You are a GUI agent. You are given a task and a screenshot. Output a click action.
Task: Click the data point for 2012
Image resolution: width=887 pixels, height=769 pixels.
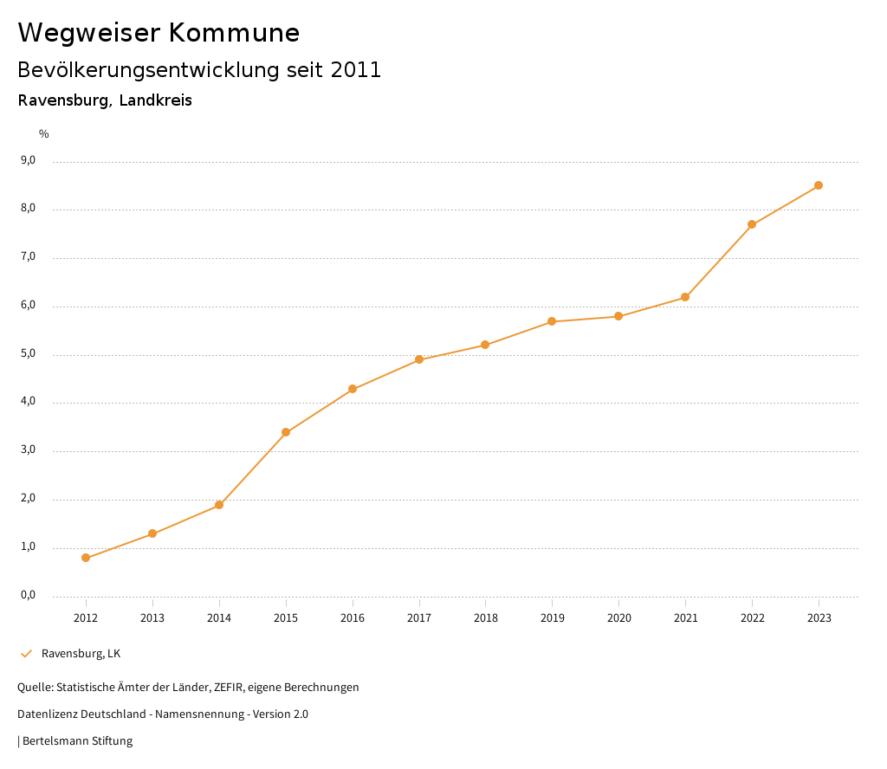(86, 558)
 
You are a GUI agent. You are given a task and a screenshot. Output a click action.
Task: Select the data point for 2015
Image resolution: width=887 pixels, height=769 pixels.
(286, 432)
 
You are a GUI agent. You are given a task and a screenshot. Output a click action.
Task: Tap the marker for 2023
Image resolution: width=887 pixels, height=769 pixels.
(819, 185)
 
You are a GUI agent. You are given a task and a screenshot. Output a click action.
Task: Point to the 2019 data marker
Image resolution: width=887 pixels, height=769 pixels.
(552, 321)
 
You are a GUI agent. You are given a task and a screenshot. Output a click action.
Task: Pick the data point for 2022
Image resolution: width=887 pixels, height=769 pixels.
(752, 224)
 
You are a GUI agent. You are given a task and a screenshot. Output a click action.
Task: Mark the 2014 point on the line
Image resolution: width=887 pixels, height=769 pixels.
(219, 505)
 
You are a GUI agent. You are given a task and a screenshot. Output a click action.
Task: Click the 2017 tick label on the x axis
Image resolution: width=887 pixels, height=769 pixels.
(419, 618)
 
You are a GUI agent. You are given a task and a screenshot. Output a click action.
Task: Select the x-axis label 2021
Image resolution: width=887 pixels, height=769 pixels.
(685, 618)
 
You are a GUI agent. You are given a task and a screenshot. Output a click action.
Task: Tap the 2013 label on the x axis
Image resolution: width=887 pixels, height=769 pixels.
(152, 618)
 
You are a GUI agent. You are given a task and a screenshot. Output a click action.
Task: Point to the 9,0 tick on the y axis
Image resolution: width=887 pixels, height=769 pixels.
(29, 160)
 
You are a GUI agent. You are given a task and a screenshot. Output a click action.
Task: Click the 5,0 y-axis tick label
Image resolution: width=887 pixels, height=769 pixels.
(29, 353)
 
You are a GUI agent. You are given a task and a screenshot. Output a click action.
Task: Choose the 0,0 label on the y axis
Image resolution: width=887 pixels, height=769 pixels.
(29, 595)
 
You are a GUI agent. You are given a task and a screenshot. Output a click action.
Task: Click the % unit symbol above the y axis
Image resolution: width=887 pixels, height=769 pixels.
(44, 134)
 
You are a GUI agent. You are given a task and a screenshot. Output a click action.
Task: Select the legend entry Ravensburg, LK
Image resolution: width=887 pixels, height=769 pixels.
(81, 653)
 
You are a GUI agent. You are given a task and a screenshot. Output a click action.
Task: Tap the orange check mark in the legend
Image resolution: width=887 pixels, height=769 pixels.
(26, 653)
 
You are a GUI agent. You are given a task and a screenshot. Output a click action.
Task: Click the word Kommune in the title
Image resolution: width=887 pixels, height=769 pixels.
(233, 33)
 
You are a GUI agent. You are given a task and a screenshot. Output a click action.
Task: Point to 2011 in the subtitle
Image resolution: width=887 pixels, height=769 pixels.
(356, 70)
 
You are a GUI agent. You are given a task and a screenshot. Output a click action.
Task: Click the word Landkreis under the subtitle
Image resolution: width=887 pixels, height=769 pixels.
(156, 100)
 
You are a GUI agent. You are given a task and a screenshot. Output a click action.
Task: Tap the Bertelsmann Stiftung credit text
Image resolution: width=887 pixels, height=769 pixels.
(77, 741)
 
